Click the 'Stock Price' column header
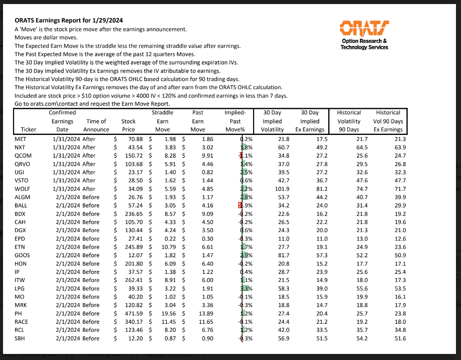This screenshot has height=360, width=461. pos(128,125)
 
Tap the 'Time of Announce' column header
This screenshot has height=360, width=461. pos(97,125)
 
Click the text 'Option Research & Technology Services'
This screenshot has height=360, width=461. pos(364,44)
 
